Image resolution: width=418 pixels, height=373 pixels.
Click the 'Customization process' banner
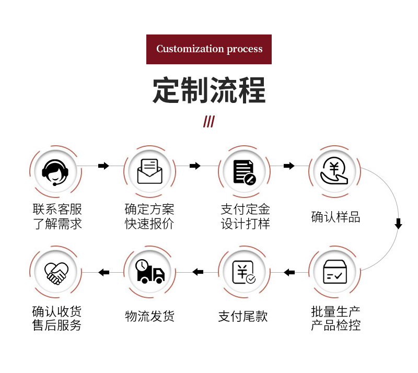pyautogui.click(x=209, y=49)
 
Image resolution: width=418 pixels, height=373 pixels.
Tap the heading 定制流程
pyautogui.click(x=209, y=90)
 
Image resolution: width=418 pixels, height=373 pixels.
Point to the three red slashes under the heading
pyautogui.click(x=209, y=122)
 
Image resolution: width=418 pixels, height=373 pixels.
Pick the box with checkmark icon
pyautogui.click(x=334, y=272)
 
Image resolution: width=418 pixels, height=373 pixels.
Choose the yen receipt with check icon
pyautogui.click(x=243, y=272)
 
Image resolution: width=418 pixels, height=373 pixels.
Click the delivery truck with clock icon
pyautogui.click(x=149, y=272)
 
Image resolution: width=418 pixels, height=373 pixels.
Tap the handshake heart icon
pyautogui.click(x=56, y=272)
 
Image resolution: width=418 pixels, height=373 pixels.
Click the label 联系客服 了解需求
pyautogui.click(x=57, y=217)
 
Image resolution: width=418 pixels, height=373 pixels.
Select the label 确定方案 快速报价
pyautogui.click(x=149, y=217)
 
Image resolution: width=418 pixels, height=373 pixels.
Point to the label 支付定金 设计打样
pyautogui.click(x=245, y=217)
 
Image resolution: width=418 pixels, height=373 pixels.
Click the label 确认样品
pyautogui.click(x=336, y=217)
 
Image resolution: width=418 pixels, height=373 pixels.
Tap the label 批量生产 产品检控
pyautogui.click(x=336, y=319)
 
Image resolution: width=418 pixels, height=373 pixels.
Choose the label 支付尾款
pyautogui.click(x=243, y=316)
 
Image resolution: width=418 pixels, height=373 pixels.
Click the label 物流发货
pyautogui.click(x=149, y=316)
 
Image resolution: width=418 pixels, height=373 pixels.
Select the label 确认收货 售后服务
pyautogui.click(x=57, y=319)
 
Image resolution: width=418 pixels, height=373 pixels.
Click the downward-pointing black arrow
pyautogui.click(x=398, y=224)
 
